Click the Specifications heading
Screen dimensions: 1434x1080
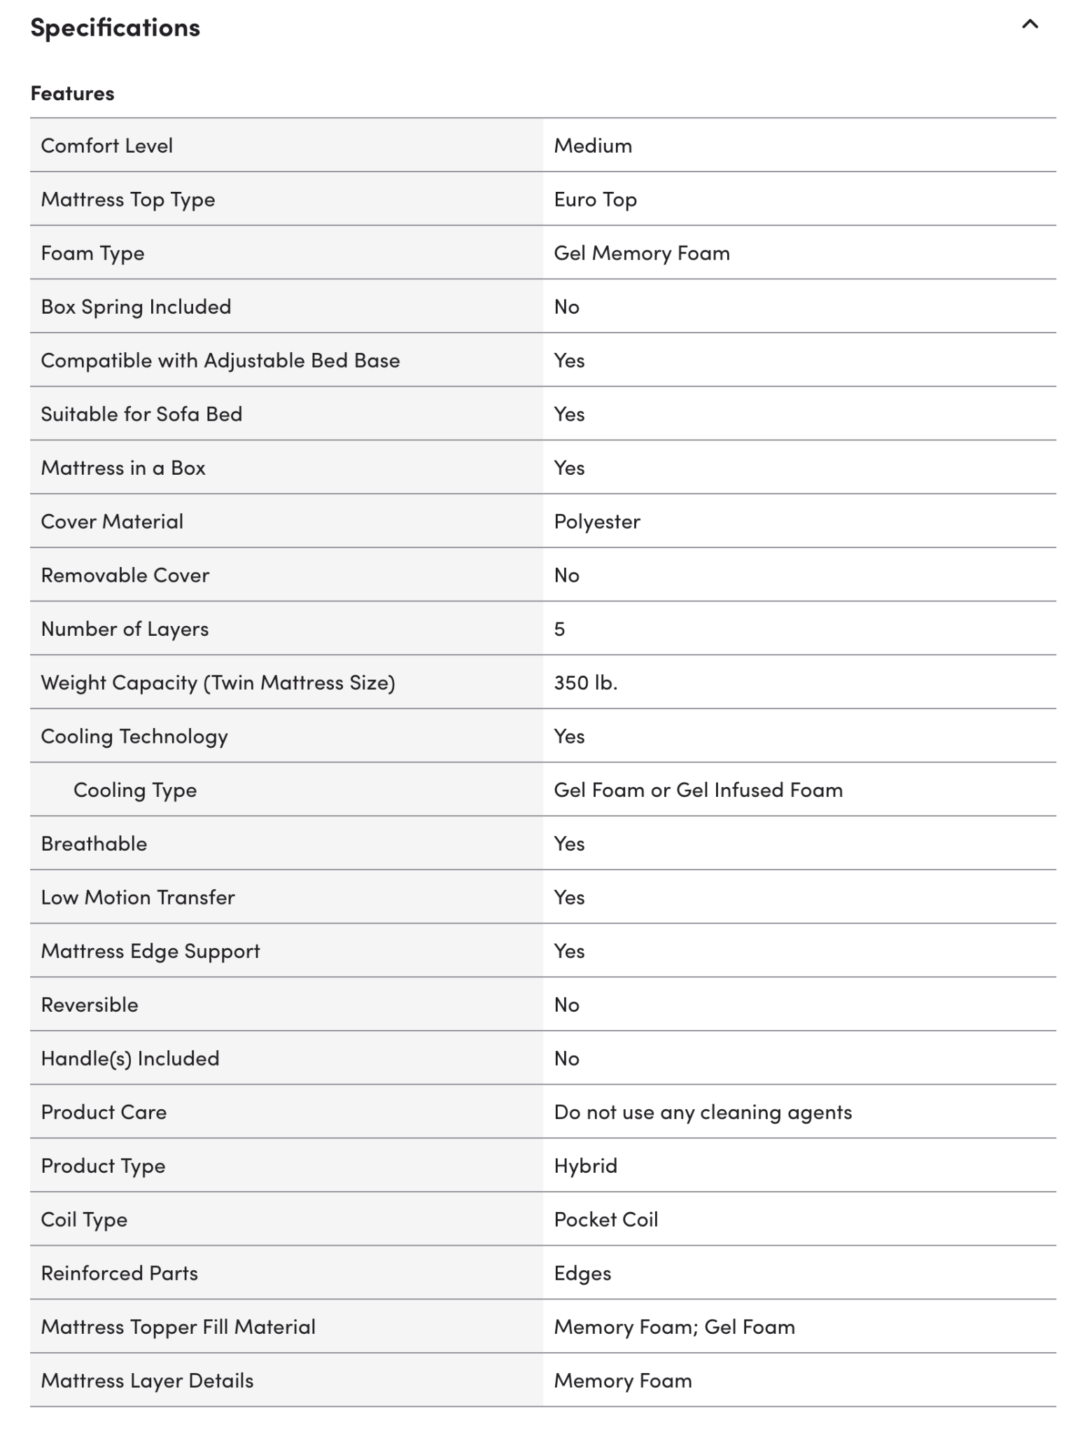pyautogui.click(x=115, y=28)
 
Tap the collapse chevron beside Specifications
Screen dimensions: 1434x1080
pyautogui.click(x=1029, y=25)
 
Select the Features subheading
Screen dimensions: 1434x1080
pyautogui.click(x=72, y=93)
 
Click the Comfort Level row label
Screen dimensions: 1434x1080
pyautogui.click(x=106, y=146)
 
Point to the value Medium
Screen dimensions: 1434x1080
pyautogui.click(x=592, y=146)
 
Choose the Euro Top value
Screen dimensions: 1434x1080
pyautogui.click(x=595, y=200)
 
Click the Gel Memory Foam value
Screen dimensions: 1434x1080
pyautogui.click(x=641, y=253)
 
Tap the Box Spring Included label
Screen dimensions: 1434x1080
pyautogui.click(x=136, y=307)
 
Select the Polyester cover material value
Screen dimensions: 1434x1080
pyautogui.click(x=596, y=522)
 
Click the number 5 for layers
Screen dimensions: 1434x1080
pyautogui.click(x=559, y=629)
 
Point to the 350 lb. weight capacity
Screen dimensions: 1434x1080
pyautogui.click(x=585, y=683)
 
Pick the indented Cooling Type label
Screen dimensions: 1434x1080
pyautogui.click(x=135, y=790)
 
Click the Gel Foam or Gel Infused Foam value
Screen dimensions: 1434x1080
pyautogui.click(x=698, y=790)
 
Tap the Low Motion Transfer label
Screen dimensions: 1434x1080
pyautogui.click(x=138, y=897)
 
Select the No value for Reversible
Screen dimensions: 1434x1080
pyautogui.click(x=566, y=1005)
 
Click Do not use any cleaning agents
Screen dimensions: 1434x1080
pyautogui.click(x=703, y=1112)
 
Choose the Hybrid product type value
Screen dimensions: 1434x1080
pyautogui.click(x=585, y=1166)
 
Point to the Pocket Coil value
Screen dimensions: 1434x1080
pyautogui.click(x=605, y=1219)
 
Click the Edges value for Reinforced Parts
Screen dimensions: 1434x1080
pyautogui.click(x=582, y=1273)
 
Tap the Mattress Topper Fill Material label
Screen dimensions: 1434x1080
pyautogui.click(x=178, y=1327)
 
